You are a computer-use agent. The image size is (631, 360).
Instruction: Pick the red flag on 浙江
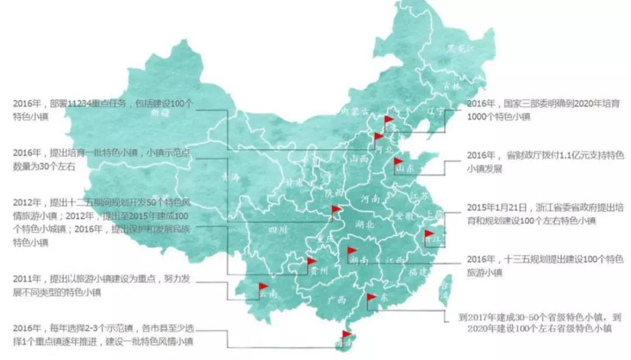click(x=429, y=235)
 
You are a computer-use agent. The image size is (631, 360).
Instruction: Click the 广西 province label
click(x=338, y=300)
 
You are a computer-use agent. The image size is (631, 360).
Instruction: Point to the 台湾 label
click(x=446, y=290)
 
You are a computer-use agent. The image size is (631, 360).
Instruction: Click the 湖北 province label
click(x=365, y=225)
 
